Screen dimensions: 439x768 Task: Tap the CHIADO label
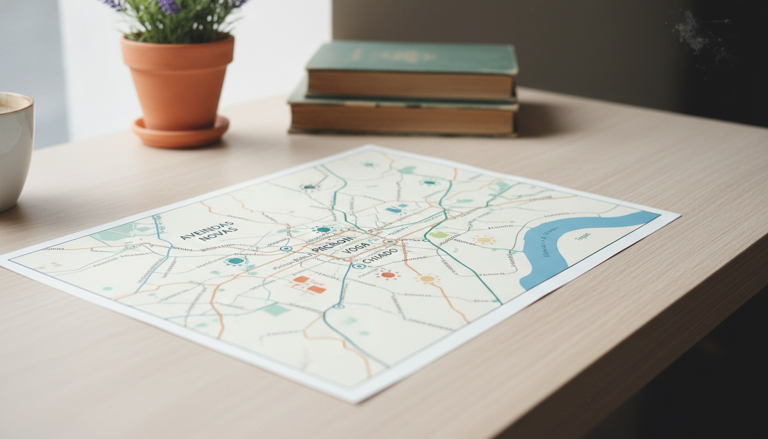pyautogui.click(x=380, y=255)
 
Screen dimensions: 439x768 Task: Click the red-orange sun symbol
pyautogui.click(x=388, y=275)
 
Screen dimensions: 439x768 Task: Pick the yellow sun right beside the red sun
pyautogui.click(x=427, y=279)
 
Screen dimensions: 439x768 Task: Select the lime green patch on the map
pyautogui.click(x=438, y=235)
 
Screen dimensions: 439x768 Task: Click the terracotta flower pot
pyautogui.click(x=177, y=80)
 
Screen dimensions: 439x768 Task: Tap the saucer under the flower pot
pyautogui.click(x=180, y=133)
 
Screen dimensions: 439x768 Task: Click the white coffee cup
pyautogui.click(x=14, y=149)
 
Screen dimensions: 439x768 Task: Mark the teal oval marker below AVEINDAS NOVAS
pyautogui.click(x=235, y=261)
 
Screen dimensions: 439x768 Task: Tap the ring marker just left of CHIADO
pyautogui.click(x=358, y=266)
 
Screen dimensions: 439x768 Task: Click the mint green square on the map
pyautogui.click(x=276, y=309)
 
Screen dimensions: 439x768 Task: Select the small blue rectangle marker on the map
pyautogui.click(x=394, y=210)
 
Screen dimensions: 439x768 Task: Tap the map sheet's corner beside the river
pyautogui.click(x=678, y=215)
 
